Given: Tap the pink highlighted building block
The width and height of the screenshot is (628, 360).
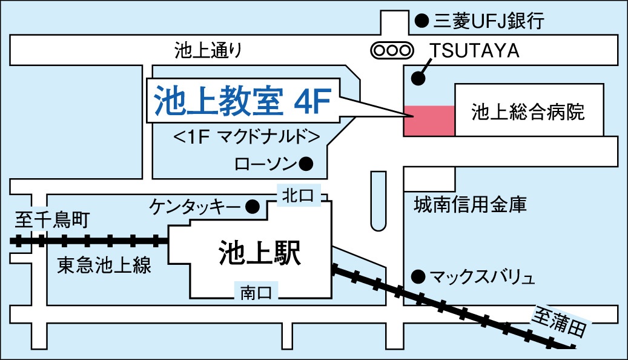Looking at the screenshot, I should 429,121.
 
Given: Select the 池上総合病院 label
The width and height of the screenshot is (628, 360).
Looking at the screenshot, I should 528,112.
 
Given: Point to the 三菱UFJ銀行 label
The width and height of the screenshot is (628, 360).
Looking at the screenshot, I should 489,22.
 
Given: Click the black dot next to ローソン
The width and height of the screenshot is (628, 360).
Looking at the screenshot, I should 306,163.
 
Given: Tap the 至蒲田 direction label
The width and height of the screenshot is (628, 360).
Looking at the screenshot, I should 560,322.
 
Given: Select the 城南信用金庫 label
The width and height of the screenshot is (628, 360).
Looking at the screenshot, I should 470,204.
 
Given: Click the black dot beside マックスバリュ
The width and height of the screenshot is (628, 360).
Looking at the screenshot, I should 417,277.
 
